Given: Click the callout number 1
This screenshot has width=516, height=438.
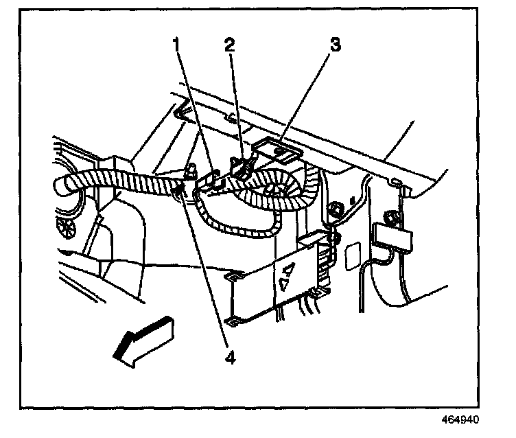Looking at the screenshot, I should click(177, 45).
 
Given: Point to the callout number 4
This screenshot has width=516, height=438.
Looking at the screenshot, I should click(232, 358).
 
